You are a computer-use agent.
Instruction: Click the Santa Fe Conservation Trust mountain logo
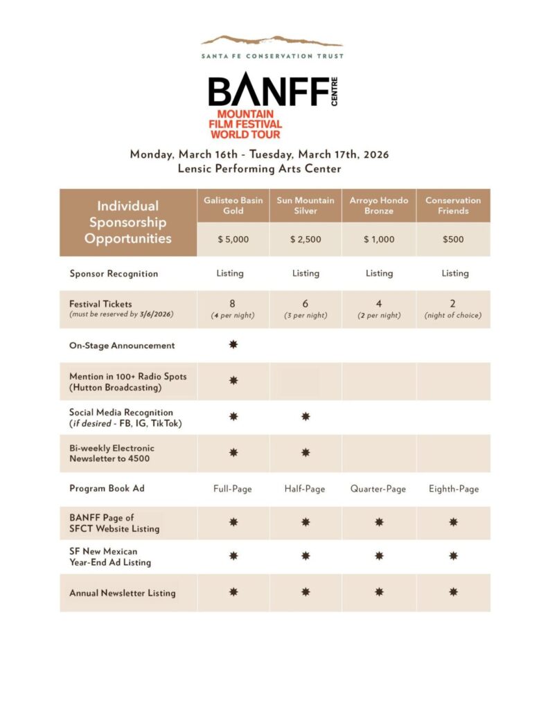[272, 41]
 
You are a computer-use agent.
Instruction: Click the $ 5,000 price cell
[233, 240]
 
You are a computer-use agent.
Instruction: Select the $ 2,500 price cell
[306, 240]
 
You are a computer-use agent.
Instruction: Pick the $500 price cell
[453, 240]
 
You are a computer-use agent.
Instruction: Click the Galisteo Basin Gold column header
[233, 206]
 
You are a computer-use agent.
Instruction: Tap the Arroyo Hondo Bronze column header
[379, 206]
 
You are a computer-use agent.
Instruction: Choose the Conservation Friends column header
[453, 206]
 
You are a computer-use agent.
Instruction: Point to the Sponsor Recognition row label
[114, 273]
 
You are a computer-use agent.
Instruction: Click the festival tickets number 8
[233, 303]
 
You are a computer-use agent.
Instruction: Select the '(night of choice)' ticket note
[453, 315]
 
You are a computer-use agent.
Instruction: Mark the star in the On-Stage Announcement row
[233, 345]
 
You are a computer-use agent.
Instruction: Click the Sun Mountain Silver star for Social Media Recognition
[306, 417]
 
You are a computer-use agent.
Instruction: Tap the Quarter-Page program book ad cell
[379, 489]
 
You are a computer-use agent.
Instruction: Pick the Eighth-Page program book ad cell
[453, 489]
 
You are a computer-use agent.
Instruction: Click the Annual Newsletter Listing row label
[123, 593]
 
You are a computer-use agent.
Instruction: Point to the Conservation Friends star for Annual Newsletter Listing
[454, 592]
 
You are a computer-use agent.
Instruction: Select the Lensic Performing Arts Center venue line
[259, 169]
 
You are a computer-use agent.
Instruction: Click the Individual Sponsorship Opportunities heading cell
[127, 222]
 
